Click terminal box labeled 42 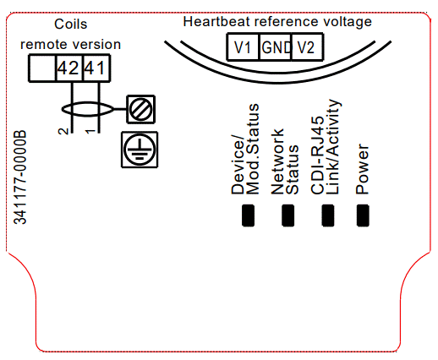click(69, 68)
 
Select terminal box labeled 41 click(96, 68)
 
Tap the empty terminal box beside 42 click(42, 68)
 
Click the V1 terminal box click(243, 47)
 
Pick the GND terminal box click(276, 47)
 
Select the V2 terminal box click(307, 47)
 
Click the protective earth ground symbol click(140, 150)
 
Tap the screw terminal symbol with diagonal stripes click(141, 109)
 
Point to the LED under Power click(363, 215)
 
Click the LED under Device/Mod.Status click(248, 215)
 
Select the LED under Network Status click(288, 215)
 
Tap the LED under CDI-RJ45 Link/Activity click(328, 215)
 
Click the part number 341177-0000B click(20, 177)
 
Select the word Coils click(71, 24)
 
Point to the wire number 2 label click(63, 131)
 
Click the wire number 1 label click(90, 131)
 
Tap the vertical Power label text click(362, 169)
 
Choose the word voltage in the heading click(348, 22)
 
